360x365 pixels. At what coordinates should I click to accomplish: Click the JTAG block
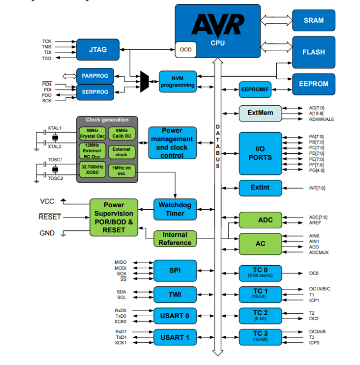(x=98, y=49)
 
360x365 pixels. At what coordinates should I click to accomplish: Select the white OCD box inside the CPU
(x=185, y=50)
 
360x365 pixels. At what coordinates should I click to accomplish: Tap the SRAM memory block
(x=314, y=20)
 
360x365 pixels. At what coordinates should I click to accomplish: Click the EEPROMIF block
(x=255, y=89)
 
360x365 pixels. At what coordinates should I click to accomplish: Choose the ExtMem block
(x=260, y=113)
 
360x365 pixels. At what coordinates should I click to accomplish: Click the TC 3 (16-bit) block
(x=261, y=337)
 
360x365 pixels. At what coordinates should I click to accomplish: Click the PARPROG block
(x=95, y=76)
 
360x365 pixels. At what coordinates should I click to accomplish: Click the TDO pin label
(x=47, y=59)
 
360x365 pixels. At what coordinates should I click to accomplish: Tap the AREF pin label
(x=314, y=224)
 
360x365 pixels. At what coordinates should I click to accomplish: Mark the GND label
(x=47, y=233)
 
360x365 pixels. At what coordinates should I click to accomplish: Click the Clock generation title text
(x=107, y=120)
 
